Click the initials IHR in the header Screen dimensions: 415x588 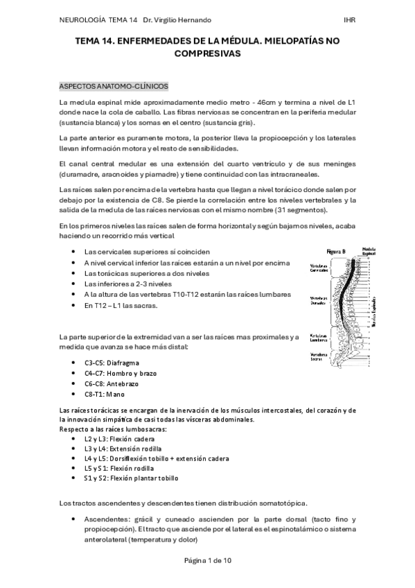tap(349, 19)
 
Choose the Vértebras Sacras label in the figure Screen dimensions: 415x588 tap(319, 356)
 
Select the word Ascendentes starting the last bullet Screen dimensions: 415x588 tap(106, 519)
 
